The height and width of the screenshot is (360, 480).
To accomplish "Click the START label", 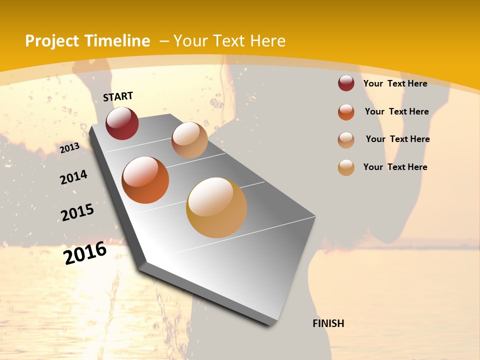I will click(x=118, y=96).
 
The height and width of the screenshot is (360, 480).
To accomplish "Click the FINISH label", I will click(x=328, y=323).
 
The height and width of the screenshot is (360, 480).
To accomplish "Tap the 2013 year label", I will click(x=69, y=148).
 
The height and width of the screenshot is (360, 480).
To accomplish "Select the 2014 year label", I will click(x=73, y=177).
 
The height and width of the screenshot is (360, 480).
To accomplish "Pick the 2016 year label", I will click(x=85, y=253).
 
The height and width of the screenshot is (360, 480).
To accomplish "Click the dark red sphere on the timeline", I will click(x=122, y=123).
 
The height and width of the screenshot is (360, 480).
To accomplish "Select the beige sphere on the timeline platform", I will click(x=189, y=140).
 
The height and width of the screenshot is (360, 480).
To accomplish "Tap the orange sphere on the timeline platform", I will click(x=145, y=180).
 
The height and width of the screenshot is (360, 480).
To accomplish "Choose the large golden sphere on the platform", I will click(x=216, y=207).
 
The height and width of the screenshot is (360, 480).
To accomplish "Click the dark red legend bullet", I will click(x=346, y=83).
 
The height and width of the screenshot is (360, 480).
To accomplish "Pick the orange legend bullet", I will click(x=346, y=112).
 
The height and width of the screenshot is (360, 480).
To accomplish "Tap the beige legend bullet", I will click(x=346, y=140).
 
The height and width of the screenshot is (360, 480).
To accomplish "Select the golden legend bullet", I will click(x=346, y=167).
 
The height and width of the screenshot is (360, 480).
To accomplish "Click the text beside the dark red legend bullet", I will click(x=395, y=83).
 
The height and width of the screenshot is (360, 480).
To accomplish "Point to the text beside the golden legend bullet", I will click(x=395, y=167).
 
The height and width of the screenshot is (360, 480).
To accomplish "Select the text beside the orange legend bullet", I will click(x=396, y=111).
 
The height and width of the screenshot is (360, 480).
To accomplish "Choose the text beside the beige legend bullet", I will click(x=397, y=139).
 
